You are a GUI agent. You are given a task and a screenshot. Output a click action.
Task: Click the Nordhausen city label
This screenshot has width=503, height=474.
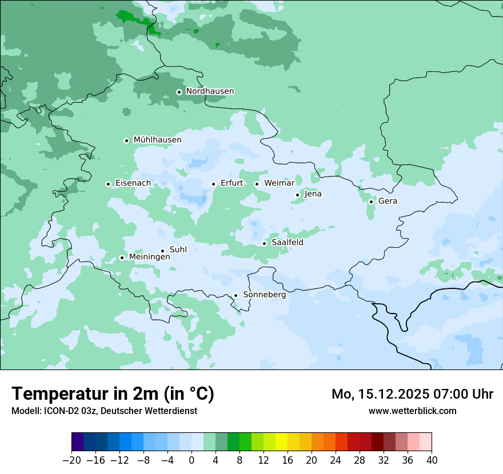[x=210, y=91]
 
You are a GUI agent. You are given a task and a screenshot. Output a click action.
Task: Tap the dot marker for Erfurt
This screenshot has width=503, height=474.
[x=213, y=184]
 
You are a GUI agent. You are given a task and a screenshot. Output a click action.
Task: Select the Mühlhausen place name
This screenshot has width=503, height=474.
[x=157, y=140]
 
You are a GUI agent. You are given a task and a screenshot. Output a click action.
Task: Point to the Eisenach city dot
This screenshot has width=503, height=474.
[x=108, y=184]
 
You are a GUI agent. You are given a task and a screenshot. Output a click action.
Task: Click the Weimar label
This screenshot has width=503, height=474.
[x=279, y=183]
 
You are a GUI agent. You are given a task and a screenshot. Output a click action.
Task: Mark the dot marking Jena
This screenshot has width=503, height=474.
[x=297, y=195]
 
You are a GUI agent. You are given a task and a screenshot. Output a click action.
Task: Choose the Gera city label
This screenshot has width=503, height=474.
[x=388, y=201]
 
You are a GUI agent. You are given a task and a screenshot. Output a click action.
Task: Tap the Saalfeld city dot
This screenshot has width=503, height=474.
[x=264, y=243]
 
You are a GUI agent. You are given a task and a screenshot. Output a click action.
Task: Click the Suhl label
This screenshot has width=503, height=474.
[x=178, y=250]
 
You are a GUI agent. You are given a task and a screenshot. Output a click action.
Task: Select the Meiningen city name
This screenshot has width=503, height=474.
[x=149, y=258]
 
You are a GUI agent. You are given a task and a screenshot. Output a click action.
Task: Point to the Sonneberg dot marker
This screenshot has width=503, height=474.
[x=235, y=296]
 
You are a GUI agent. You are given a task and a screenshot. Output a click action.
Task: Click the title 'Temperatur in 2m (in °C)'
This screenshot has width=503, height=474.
[x=113, y=393]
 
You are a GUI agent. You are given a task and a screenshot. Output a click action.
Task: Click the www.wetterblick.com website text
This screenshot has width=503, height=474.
[x=412, y=411]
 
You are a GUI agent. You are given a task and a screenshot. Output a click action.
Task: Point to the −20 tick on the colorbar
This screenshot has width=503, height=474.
[x=72, y=460]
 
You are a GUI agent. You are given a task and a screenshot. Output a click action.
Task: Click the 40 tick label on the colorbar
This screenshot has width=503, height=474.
[x=432, y=460]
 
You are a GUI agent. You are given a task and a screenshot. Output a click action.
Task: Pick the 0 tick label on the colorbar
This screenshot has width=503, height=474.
[x=191, y=460]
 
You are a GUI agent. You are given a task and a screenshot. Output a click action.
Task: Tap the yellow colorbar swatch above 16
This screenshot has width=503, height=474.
[x=281, y=442]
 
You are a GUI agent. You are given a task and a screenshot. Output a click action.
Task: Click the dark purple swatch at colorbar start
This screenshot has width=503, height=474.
[x=78, y=442]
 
